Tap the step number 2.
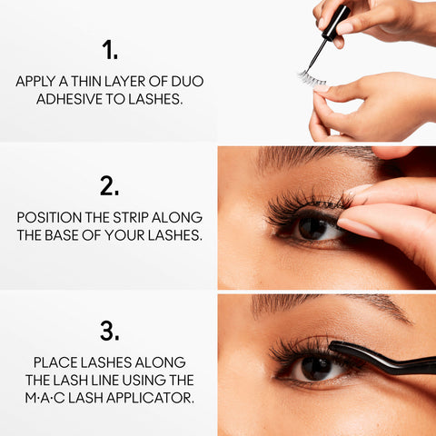pos(109,186)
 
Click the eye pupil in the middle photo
pos(312,227)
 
